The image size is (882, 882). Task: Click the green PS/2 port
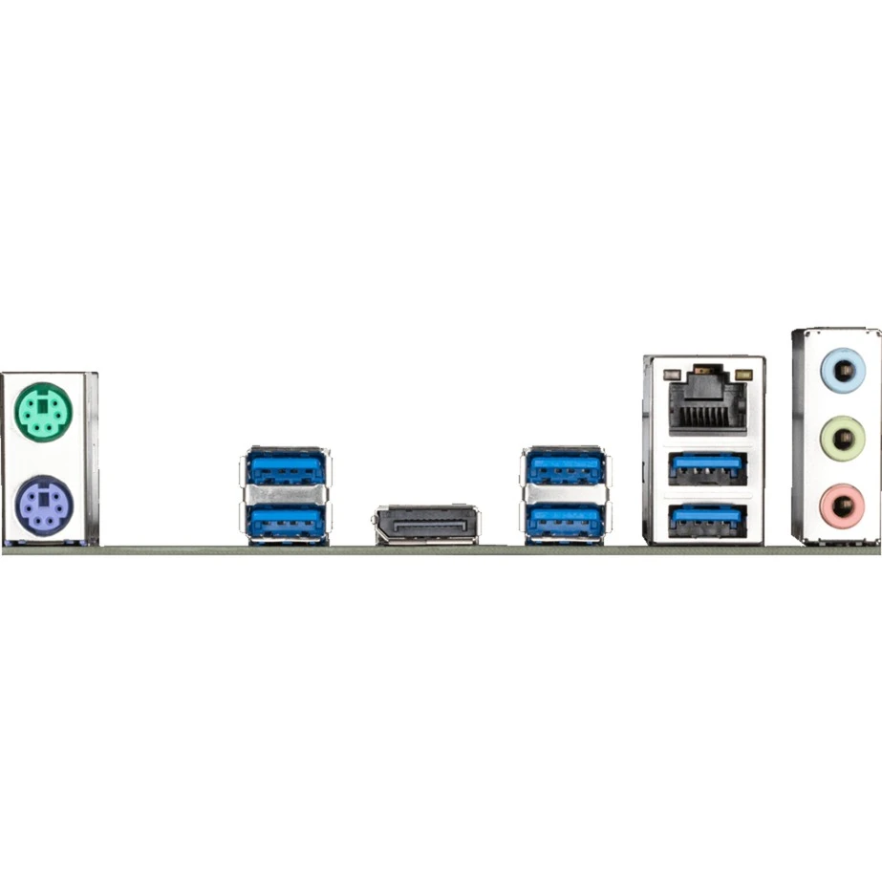(44, 413)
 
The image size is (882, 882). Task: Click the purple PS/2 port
(44, 501)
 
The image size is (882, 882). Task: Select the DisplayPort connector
(427, 525)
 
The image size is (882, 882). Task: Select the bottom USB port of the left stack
(285, 521)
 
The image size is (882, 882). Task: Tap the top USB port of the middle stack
(565, 468)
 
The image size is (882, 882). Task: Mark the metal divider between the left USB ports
(285, 494)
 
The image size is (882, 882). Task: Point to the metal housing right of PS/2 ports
(90, 459)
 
